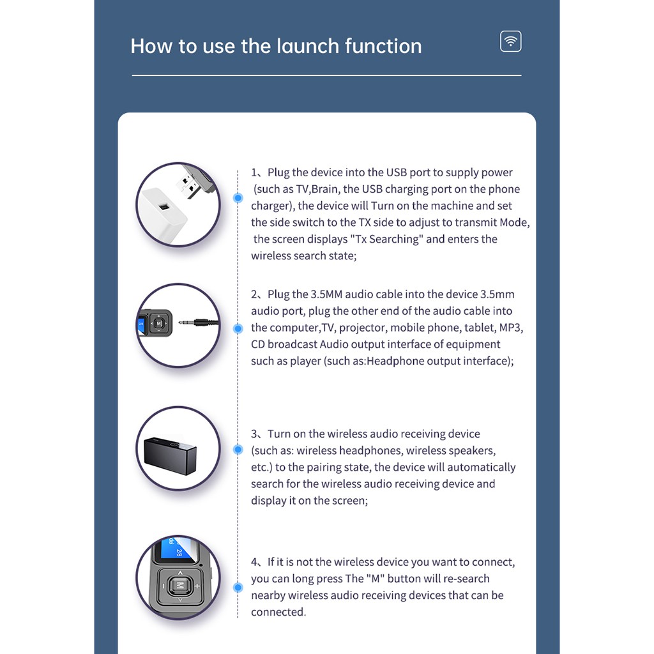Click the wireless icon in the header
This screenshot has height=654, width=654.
click(510, 42)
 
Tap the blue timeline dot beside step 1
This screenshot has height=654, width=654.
click(238, 198)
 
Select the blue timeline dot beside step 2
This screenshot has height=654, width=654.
click(238, 328)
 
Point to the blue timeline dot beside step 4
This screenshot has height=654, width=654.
click(238, 586)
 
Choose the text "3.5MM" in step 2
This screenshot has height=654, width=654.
click(327, 294)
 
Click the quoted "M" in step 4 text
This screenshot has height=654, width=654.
click(373, 579)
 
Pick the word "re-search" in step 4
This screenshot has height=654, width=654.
click(466, 579)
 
